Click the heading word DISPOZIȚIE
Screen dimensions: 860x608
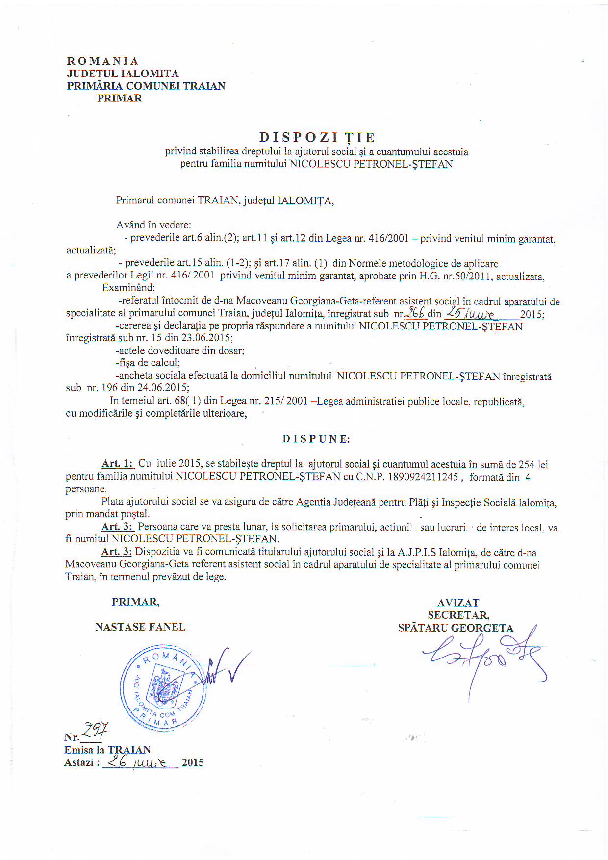317,137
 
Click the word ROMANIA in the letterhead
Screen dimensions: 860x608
103,61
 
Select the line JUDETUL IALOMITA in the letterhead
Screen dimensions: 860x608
123,74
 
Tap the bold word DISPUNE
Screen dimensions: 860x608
316,439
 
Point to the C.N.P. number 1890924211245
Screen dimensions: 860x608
423,477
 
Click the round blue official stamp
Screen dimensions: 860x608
163,688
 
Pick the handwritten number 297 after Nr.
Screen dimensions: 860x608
95,731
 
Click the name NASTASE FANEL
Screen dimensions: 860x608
140,627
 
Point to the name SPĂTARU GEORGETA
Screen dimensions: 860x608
456,628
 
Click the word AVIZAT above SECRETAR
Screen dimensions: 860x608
458,603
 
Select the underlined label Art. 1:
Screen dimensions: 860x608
118,464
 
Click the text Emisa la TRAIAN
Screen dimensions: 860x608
107,750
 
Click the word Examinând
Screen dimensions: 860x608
128,288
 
